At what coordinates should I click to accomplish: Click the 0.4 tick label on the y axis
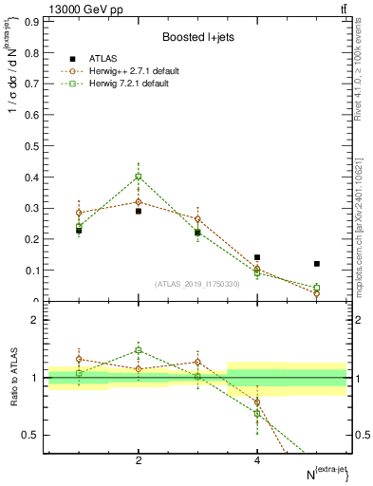[x=31, y=177]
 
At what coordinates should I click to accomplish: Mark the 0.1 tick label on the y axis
[x=31, y=271]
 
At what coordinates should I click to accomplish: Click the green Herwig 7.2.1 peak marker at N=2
[x=139, y=177]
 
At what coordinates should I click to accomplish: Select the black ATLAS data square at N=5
[x=317, y=264]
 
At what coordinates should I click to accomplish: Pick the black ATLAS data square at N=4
[x=257, y=257]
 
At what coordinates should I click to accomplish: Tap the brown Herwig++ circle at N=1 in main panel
[x=79, y=214]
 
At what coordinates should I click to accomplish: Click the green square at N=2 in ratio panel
[x=139, y=350]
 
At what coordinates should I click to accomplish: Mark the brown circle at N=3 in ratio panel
[x=197, y=362]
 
